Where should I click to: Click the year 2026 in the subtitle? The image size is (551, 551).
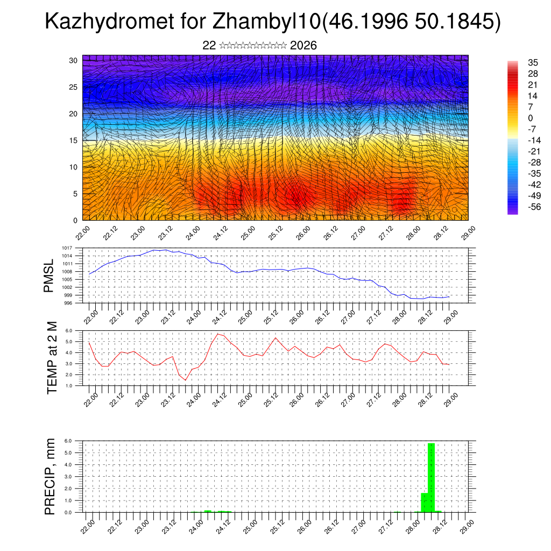[x=303, y=45]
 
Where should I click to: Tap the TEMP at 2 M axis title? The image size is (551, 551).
[x=52, y=358]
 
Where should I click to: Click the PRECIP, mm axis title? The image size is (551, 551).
[x=50, y=476]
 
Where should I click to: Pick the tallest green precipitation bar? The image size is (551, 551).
[x=431, y=477]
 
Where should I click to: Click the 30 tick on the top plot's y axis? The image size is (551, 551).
[x=73, y=60]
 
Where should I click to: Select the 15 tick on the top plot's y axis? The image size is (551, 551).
[x=73, y=140]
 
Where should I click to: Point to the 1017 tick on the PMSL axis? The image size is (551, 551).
[x=67, y=248]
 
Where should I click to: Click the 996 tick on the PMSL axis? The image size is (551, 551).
[x=68, y=303]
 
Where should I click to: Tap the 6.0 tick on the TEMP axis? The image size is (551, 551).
[x=69, y=330]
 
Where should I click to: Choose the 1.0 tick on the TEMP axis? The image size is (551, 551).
[x=69, y=385]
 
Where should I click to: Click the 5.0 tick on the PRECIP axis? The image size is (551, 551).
[x=69, y=453]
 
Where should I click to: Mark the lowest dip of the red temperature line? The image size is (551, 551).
[x=186, y=380]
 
